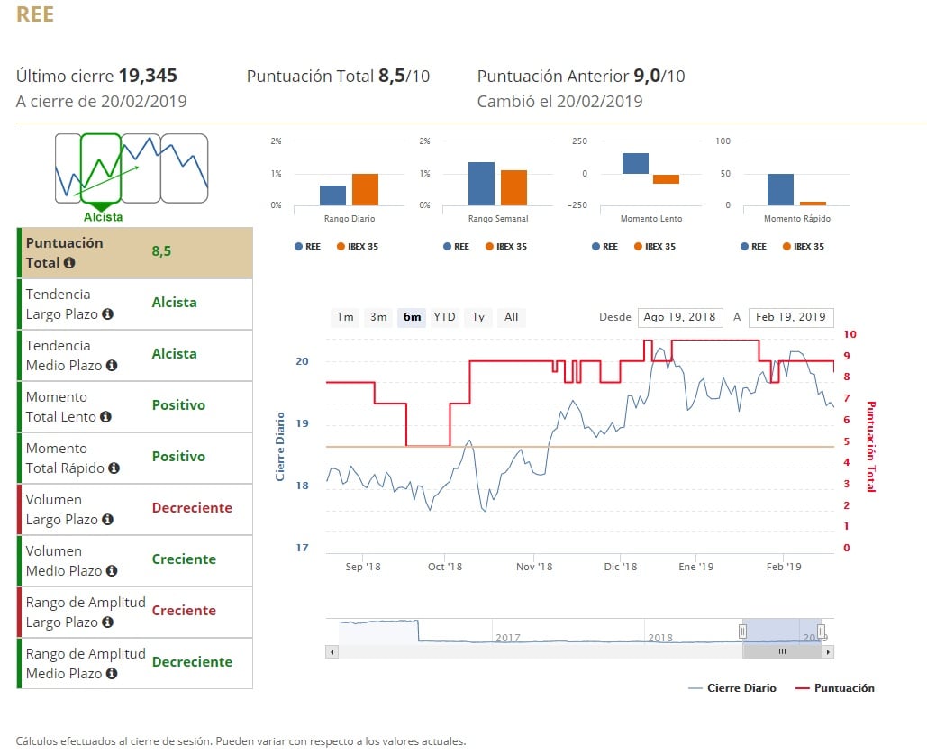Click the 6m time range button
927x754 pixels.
coord(412,317)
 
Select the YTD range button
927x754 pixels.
coord(444,317)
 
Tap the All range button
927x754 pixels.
coord(511,317)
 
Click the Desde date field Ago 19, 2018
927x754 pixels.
coord(679,317)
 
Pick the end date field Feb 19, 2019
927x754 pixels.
coord(790,317)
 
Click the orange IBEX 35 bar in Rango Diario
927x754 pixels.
coord(365,189)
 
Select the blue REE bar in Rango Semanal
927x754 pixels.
coord(481,184)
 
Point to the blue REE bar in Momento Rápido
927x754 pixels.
coord(780,189)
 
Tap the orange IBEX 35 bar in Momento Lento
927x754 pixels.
coord(666,178)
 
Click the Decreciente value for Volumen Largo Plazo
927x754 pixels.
coord(192,508)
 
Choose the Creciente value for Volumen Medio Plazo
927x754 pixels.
coord(184,559)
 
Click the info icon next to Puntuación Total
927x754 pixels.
coord(69,263)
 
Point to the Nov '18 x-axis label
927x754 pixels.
coord(534,567)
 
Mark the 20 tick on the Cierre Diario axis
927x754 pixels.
coord(302,361)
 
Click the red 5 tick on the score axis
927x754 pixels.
coord(846,441)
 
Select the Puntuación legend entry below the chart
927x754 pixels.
coord(843,688)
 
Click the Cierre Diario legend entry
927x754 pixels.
coord(741,688)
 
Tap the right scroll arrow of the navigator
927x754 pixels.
coord(828,651)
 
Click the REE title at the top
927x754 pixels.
coord(35,15)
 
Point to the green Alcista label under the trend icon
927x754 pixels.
coord(104,217)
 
